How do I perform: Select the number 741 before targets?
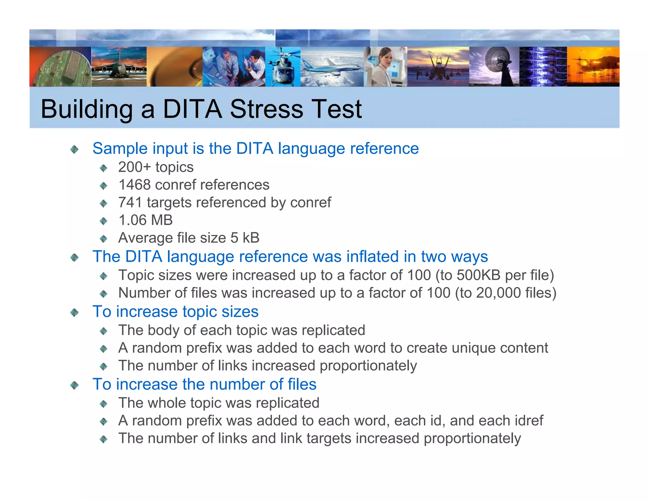tap(130, 203)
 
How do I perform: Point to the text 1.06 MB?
tap(145, 220)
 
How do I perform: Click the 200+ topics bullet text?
tap(156, 167)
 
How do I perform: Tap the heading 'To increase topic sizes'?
tap(175, 312)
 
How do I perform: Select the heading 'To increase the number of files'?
tap(204, 384)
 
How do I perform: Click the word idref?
tap(529, 421)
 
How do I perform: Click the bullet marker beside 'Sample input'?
tap(74, 149)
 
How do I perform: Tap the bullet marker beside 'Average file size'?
tap(104, 238)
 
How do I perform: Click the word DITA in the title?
tap(192, 109)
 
